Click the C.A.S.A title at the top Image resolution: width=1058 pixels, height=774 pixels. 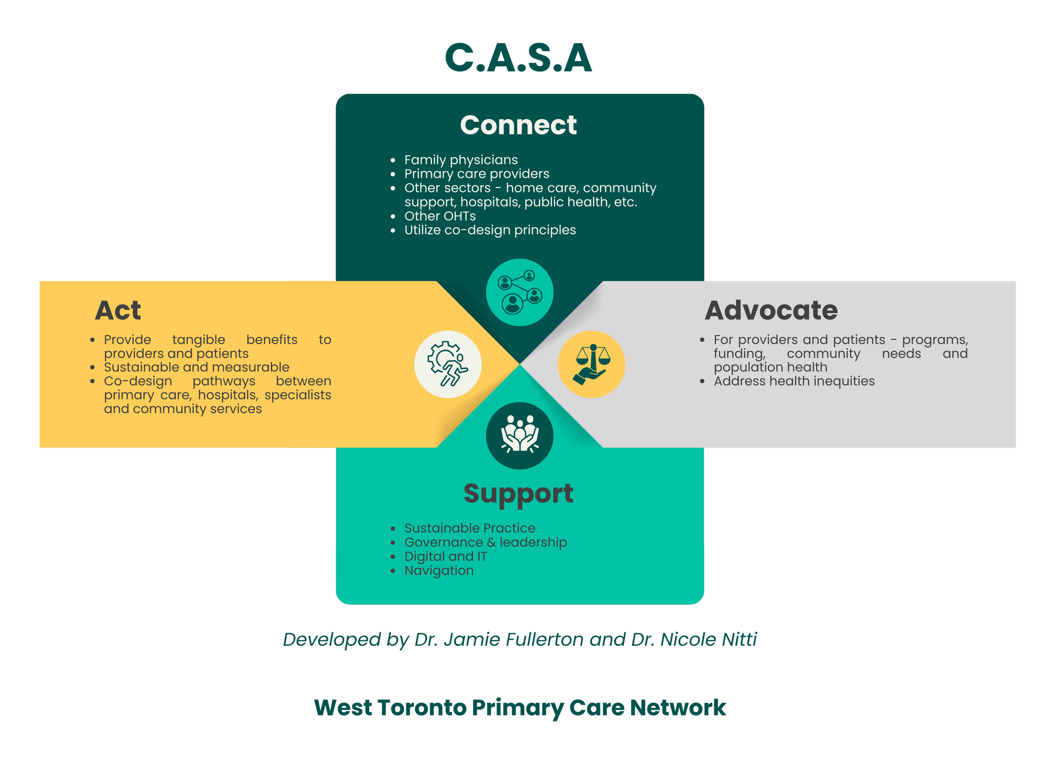click(x=518, y=58)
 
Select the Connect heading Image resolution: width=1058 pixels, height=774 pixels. click(x=518, y=125)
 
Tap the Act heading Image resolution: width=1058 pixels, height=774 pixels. click(x=118, y=310)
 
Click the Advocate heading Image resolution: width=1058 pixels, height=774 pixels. click(x=771, y=310)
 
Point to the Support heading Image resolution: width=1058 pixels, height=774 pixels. click(x=518, y=493)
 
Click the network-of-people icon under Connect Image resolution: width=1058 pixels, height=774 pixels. click(x=519, y=292)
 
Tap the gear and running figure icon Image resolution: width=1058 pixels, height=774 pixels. click(x=448, y=364)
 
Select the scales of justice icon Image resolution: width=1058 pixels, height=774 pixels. click(x=591, y=364)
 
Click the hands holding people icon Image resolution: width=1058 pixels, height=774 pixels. click(x=519, y=436)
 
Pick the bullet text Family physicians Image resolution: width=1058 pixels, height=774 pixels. click(x=461, y=160)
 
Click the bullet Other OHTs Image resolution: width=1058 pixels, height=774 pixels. click(x=440, y=216)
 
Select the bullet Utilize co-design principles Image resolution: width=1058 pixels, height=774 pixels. click(x=490, y=230)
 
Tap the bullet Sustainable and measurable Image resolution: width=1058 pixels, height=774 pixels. click(x=196, y=367)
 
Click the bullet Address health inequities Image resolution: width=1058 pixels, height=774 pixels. click(x=794, y=382)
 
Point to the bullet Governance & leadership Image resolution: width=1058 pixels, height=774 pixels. click(x=486, y=542)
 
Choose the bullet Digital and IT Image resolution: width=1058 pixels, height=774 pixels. click(x=445, y=556)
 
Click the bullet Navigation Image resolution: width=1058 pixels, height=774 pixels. click(x=439, y=571)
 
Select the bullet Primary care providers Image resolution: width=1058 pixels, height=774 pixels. click(x=477, y=174)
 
